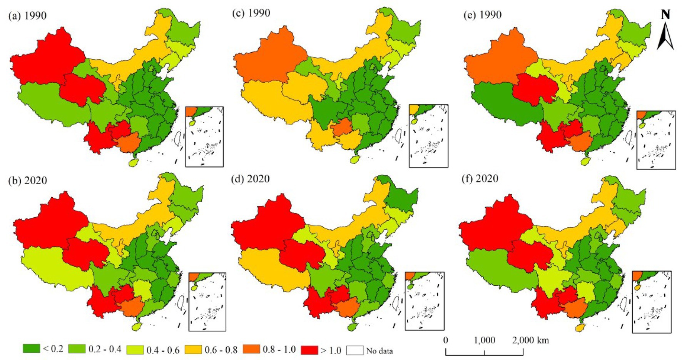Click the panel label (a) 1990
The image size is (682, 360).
[x=27, y=16]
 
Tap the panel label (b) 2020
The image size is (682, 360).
[x=27, y=180]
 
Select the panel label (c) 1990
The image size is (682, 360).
[x=251, y=13]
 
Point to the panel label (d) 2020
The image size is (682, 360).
[x=251, y=179]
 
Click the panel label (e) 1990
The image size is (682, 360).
[x=483, y=15]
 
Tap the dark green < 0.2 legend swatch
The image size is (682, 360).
[x=31, y=349]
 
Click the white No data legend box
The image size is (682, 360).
[x=355, y=350]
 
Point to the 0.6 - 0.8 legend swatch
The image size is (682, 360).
[x=193, y=350]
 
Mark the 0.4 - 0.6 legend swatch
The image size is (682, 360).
[x=135, y=350]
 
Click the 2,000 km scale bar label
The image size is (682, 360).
[x=530, y=340]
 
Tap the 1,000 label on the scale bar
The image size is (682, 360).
[x=484, y=340]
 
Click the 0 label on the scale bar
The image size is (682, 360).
[x=446, y=340]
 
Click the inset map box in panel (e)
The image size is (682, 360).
[x=656, y=140]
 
